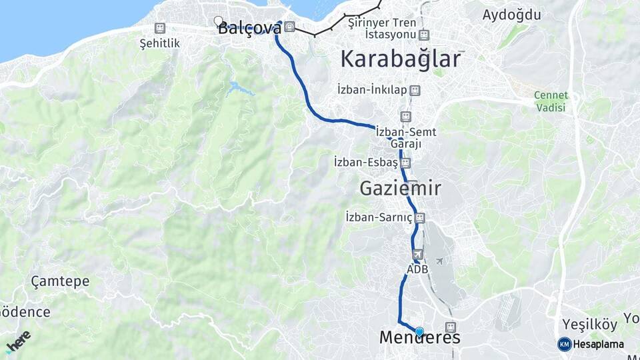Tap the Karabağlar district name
pos(400,59)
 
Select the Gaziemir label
pos(400,189)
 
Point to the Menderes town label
pos(419,338)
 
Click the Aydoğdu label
pos(511,15)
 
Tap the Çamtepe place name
pos(60,281)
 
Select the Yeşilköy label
pos(587,324)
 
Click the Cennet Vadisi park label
pos(550,101)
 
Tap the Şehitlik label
pos(160,43)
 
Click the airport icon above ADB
pos(418,254)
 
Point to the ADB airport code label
pos(417,269)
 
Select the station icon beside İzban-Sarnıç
pos(419,217)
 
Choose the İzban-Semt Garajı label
pos(406,137)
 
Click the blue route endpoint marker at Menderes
pos(419,331)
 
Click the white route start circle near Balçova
pos(218,21)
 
